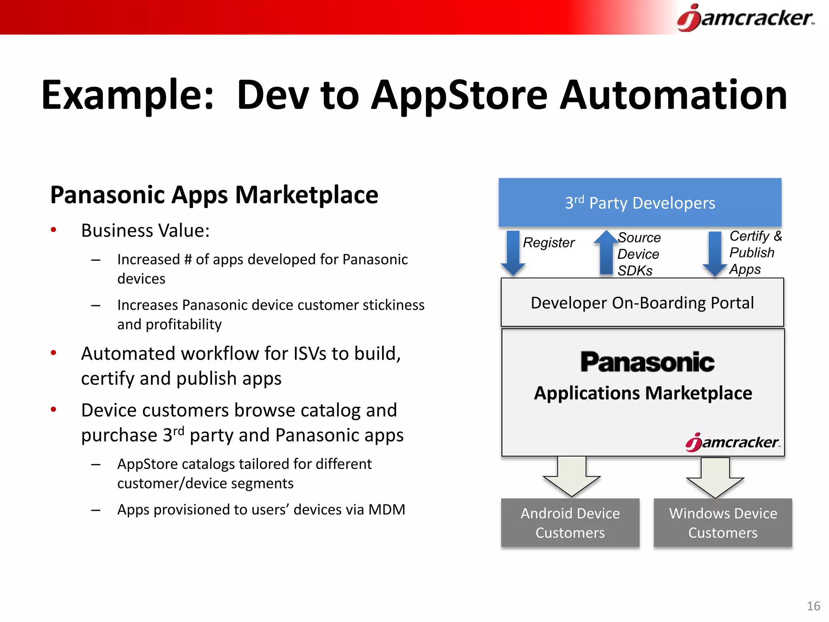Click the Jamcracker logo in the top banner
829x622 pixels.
pyautogui.click(x=746, y=18)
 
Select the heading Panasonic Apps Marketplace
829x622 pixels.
pyautogui.click(x=214, y=195)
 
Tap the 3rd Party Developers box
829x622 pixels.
pyautogui.click(x=640, y=202)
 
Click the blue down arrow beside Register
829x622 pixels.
pyautogui.click(x=513, y=253)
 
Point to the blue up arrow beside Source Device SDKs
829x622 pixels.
pyautogui.click(x=606, y=253)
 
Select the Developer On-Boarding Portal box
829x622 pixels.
pyautogui.click(x=642, y=302)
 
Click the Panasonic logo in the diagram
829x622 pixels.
pyautogui.click(x=647, y=362)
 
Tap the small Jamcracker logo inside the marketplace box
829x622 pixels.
pyautogui.click(x=732, y=442)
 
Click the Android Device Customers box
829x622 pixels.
pyautogui.click(x=570, y=523)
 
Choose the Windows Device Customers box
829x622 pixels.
pyautogui.click(x=723, y=523)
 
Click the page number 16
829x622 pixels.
pyautogui.click(x=813, y=606)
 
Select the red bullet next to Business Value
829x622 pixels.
pyautogui.click(x=53, y=230)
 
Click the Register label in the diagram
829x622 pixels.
pyautogui.click(x=548, y=243)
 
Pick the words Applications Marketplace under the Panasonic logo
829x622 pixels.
pyautogui.click(x=643, y=393)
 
